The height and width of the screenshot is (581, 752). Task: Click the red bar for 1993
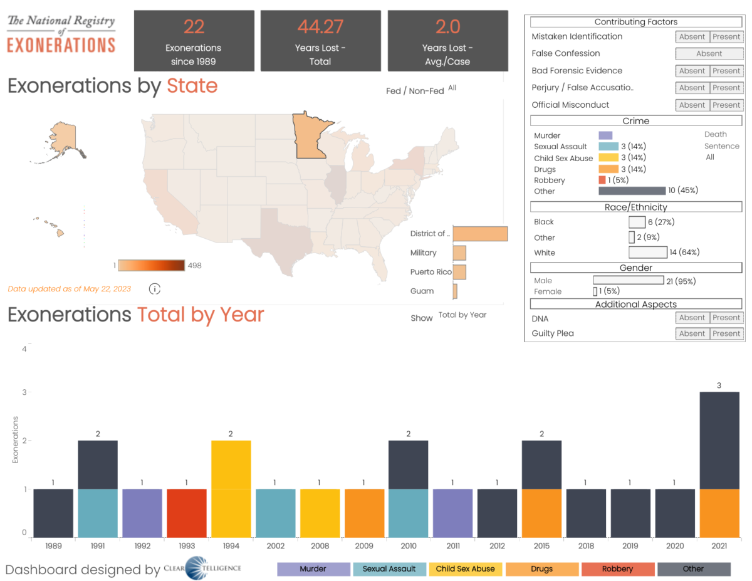[187, 513]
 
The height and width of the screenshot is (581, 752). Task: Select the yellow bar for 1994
[231, 488]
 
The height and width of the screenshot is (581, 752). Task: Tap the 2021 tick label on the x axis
[719, 545]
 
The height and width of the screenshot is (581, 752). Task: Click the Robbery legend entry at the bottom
[617, 569]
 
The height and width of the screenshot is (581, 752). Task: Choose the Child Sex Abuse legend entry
[466, 569]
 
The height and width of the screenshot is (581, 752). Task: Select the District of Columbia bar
[480, 234]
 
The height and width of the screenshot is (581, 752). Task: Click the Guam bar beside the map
[455, 291]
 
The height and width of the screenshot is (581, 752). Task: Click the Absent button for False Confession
[709, 54]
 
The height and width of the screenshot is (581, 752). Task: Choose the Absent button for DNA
[692, 318]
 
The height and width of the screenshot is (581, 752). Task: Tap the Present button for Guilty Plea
[726, 333]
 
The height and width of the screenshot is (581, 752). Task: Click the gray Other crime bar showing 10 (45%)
[632, 191]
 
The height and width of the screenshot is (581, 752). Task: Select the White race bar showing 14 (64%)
[648, 253]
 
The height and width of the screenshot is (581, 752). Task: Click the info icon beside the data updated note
[155, 289]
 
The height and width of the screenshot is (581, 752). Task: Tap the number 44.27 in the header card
[321, 27]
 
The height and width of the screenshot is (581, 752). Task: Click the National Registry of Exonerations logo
[61, 33]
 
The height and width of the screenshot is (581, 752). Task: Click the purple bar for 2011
[453, 513]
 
